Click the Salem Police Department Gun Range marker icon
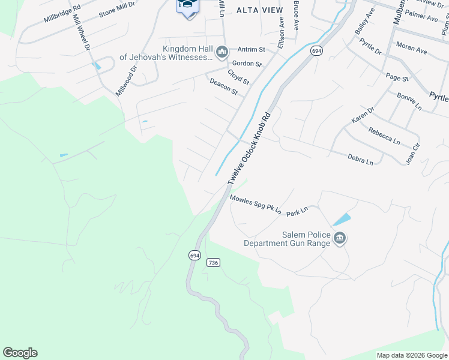[340, 239]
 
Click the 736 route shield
[212, 263]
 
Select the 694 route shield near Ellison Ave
[316, 52]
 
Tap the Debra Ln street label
[360, 160]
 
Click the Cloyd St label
[238, 76]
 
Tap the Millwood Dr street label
[126, 81]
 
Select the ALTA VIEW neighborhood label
[259, 10]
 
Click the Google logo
[20, 353]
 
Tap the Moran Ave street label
[411, 48]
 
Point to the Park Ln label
[297, 211]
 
